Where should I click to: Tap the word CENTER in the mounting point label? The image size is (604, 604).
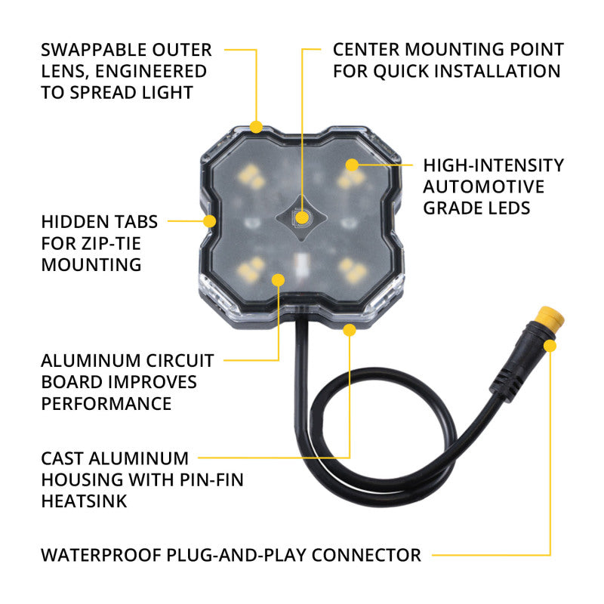pyautogui.click(x=368, y=51)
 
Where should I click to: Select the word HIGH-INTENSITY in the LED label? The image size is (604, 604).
pyautogui.click(x=493, y=165)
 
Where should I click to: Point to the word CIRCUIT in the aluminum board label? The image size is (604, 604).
pyautogui.click(x=176, y=361)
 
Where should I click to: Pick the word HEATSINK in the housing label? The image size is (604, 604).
pyautogui.click(x=83, y=500)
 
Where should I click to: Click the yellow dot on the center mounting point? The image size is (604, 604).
pyautogui.click(x=304, y=217)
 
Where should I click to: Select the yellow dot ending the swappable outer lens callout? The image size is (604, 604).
pyautogui.click(x=257, y=126)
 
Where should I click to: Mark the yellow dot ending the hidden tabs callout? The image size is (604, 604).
pyautogui.click(x=210, y=221)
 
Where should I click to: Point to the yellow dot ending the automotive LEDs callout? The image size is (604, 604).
pyautogui.click(x=351, y=165)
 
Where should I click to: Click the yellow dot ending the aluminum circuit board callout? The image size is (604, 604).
pyautogui.click(x=278, y=280)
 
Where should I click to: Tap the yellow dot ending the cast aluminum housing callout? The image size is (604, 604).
pyautogui.click(x=350, y=329)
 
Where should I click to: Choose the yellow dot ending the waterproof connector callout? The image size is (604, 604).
pyautogui.click(x=550, y=346)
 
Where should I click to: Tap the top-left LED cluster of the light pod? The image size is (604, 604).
pyautogui.click(x=249, y=178)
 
